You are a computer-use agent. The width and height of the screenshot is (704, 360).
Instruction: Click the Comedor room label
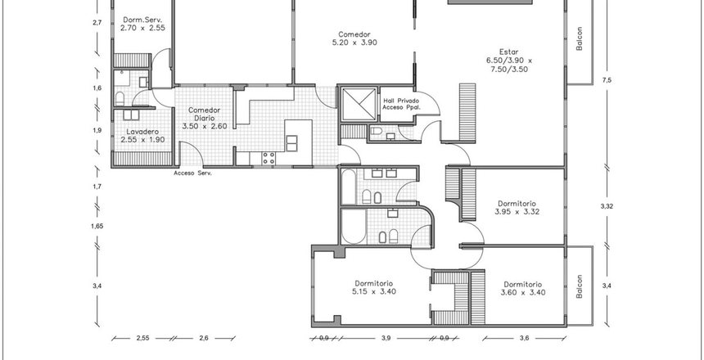(x=354, y=34)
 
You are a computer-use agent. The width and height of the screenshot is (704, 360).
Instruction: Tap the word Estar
(x=508, y=52)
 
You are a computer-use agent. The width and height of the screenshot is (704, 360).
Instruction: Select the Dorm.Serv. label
(x=142, y=20)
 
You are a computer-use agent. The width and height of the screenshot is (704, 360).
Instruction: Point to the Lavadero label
(x=142, y=132)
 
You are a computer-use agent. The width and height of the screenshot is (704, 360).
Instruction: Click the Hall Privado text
(x=401, y=101)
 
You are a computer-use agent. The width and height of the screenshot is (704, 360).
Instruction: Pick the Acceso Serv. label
(x=192, y=173)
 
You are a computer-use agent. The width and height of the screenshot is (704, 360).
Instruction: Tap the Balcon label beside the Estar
(x=580, y=38)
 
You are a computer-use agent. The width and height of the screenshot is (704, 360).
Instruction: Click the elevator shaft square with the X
(x=359, y=104)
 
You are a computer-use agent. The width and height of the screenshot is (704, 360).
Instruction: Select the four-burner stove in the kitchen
(x=269, y=158)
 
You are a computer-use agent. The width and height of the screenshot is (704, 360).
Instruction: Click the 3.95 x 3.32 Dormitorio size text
(x=517, y=212)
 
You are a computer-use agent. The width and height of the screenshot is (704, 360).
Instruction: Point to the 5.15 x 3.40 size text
(x=373, y=292)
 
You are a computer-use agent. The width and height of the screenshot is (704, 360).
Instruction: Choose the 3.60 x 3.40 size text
(x=522, y=293)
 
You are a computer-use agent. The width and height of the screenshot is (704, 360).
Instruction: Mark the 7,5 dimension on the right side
(x=607, y=80)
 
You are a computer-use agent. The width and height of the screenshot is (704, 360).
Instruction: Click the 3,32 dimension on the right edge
(x=607, y=206)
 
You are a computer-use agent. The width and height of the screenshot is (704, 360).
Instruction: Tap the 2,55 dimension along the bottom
(x=142, y=339)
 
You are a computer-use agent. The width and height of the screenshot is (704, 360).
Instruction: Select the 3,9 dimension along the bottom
(x=386, y=339)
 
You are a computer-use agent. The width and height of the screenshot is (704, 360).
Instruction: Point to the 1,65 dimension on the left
(x=97, y=227)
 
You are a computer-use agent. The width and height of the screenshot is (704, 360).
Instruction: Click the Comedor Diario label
(x=205, y=114)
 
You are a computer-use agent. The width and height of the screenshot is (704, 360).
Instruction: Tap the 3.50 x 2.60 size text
(x=205, y=127)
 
